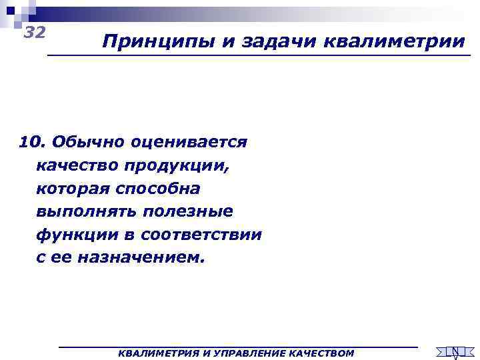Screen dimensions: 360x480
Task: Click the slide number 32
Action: click(x=34, y=33)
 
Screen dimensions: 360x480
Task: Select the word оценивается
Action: click(x=189, y=142)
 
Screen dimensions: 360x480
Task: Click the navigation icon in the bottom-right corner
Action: click(x=455, y=351)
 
